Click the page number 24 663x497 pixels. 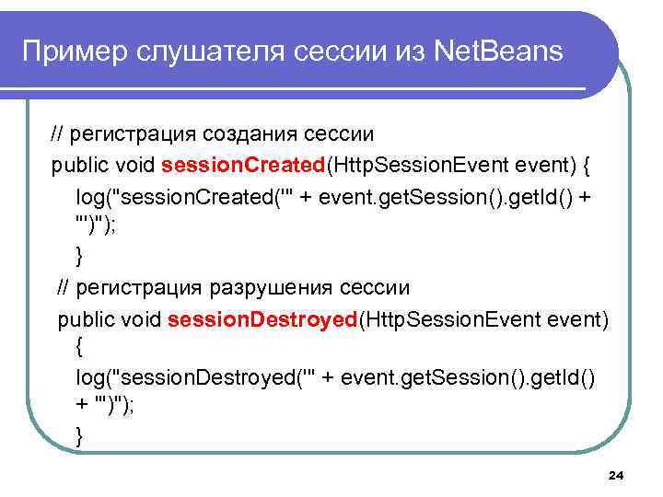pyautogui.click(x=617, y=475)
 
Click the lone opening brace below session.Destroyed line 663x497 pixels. pyautogui.click(x=79, y=348)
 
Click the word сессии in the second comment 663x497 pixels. pyautogui.click(x=376, y=287)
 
